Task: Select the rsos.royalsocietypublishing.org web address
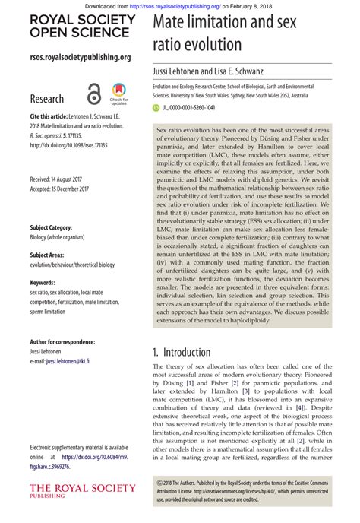80,58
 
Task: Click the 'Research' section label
47,99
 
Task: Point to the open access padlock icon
93,93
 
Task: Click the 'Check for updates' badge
118,93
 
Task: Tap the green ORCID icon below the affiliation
156,109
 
